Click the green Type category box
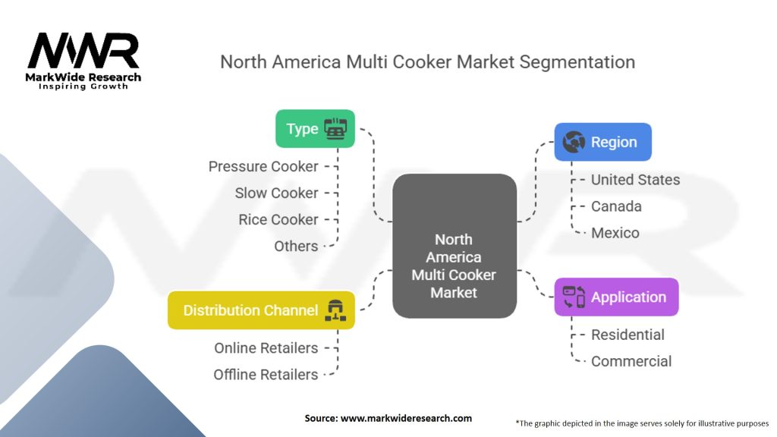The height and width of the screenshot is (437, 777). (314, 128)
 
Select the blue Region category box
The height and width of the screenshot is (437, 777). (602, 142)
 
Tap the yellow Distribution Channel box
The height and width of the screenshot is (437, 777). (260, 310)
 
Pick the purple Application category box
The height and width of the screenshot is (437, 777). (616, 297)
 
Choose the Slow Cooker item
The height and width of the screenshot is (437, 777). (276, 193)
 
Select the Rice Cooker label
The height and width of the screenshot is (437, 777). (278, 219)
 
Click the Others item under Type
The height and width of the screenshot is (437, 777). (296, 246)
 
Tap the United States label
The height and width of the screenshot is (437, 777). (635, 180)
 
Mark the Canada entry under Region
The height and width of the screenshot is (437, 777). (616, 206)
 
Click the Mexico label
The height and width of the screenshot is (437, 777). (615, 233)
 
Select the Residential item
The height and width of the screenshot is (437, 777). (628, 335)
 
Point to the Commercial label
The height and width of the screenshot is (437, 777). (631, 361)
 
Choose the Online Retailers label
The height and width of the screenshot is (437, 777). (266, 348)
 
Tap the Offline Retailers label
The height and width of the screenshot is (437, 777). (266, 375)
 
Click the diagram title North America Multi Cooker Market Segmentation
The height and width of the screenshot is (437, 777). (427, 61)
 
